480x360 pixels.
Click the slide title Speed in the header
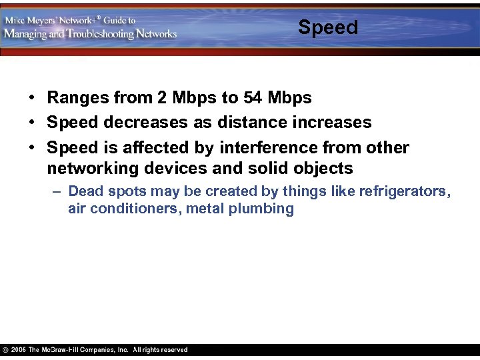328,27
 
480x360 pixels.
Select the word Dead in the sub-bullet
85,191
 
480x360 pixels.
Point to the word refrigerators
403,191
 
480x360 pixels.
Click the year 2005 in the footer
18,350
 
